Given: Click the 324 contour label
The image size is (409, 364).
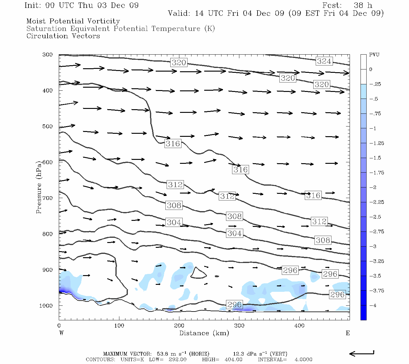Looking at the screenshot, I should click(324, 61).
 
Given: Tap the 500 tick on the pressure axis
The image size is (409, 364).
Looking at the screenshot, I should click(47, 126).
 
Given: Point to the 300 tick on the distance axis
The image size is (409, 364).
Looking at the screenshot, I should click(239, 326).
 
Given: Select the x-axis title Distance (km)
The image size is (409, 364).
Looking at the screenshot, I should click(204, 333).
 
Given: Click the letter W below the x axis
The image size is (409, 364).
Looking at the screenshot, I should click(62, 333).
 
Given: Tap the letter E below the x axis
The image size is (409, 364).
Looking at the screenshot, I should click(347, 333).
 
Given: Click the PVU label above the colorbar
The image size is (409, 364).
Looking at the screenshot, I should click(374, 55).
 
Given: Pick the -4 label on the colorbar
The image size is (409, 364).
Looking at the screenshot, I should click(373, 305).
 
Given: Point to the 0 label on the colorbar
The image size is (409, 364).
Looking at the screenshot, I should click(371, 69).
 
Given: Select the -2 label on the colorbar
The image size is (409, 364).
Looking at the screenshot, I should click(373, 187).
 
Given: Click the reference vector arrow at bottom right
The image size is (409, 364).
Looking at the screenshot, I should click(362, 353).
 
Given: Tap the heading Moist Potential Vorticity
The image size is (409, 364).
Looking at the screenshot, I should click(73, 21).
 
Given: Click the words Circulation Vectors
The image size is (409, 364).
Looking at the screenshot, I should click(63, 36).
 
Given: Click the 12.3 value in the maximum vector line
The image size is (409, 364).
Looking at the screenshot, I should click(238, 354).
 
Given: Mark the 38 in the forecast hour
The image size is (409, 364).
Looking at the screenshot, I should click(358, 5).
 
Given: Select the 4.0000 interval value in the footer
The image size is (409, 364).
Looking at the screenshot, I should click(303, 359).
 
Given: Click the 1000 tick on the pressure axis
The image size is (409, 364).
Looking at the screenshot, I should click(46, 306).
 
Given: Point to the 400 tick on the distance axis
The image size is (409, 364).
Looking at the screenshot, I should click(299, 326).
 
